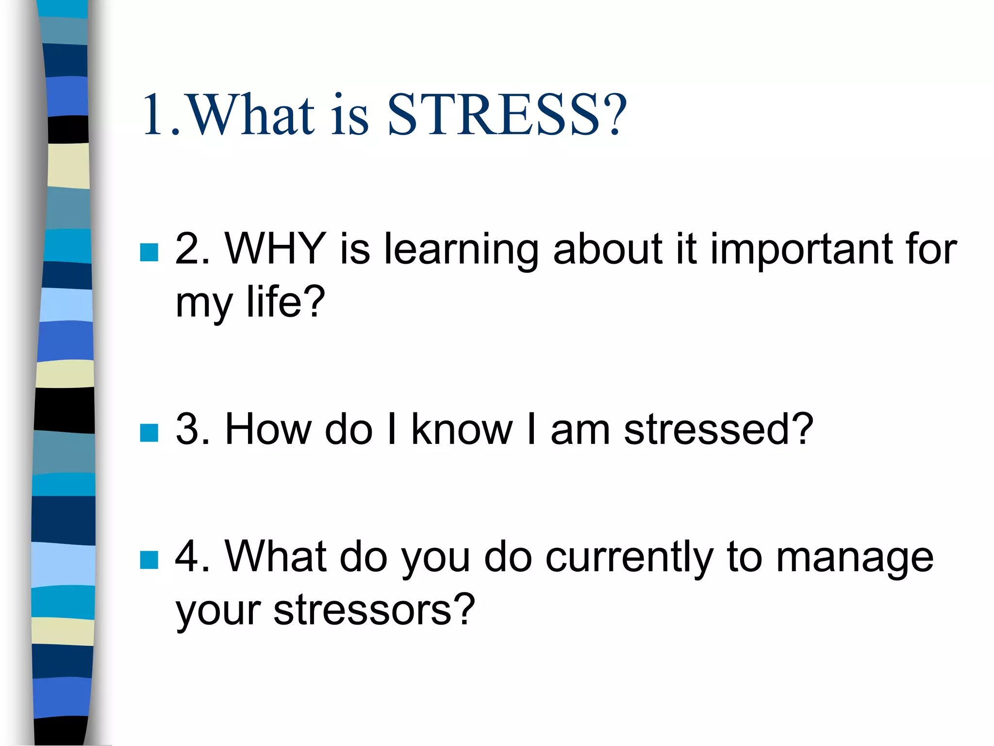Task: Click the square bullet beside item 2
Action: pyautogui.click(x=149, y=253)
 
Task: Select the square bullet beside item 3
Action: pyautogui.click(x=149, y=433)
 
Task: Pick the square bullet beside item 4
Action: pyautogui.click(x=149, y=559)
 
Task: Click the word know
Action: pyautogui.click(x=462, y=429)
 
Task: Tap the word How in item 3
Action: pyautogui.click(x=268, y=429)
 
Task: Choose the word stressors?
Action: pyautogui.click(x=374, y=610)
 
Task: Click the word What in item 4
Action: pyautogui.click(x=276, y=557)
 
